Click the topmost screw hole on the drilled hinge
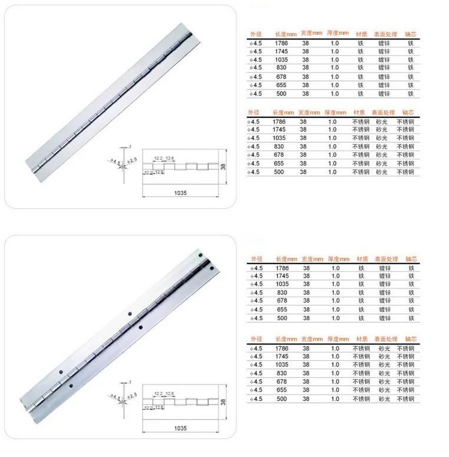tap(202, 255)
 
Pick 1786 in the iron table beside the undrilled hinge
tap(281, 43)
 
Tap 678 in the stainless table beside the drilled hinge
tap(280, 382)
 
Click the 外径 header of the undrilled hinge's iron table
tap(255, 34)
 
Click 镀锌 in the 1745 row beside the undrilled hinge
tap(384, 51)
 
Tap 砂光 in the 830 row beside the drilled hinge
tap(384, 373)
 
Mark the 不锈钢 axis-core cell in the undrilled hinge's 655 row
tap(405, 163)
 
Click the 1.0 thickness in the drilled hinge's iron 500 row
tap(335, 318)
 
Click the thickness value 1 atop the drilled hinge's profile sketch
tap(129, 383)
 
